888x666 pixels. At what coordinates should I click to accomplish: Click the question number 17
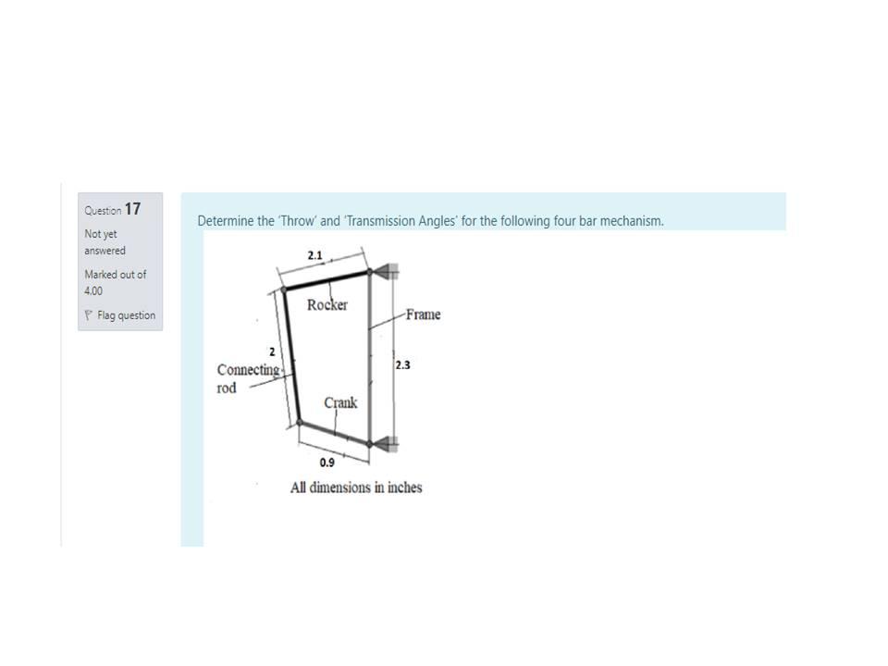[x=132, y=209]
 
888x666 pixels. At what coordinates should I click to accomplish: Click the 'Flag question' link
[x=126, y=315]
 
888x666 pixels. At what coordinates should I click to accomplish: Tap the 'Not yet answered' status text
[x=105, y=242]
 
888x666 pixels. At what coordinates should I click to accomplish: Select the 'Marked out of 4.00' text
[x=115, y=282]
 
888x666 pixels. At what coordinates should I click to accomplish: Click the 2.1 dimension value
[x=314, y=255]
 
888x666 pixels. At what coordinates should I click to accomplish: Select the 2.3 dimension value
[x=402, y=365]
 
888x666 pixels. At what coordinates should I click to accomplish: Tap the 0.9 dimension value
[x=327, y=462]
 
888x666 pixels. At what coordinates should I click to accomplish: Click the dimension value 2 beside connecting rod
[x=271, y=351]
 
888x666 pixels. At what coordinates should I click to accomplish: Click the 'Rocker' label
[x=327, y=305]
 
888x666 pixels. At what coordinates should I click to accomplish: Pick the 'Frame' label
[x=422, y=314]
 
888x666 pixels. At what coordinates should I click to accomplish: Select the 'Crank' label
[x=340, y=402]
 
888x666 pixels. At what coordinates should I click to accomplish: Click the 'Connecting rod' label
[x=247, y=378]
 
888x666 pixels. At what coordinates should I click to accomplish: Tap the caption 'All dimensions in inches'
[x=356, y=487]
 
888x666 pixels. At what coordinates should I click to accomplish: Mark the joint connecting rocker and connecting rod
[x=283, y=289]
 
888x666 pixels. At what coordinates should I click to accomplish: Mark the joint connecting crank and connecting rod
[x=300, y=423]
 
